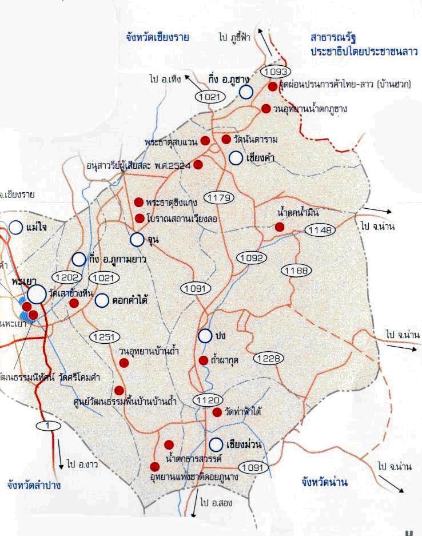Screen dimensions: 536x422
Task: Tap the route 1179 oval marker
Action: (219, 198)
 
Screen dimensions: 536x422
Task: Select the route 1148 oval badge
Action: (319, 231)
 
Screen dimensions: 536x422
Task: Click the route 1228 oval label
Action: (267, 358)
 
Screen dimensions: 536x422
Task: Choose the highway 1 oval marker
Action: (48, 426)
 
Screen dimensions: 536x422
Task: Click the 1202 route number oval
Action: (68, 277)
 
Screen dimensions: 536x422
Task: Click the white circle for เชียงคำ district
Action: (237, 158)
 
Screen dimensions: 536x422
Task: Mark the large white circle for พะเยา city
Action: (37, 294)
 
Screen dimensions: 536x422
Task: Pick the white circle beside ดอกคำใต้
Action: (102, 300)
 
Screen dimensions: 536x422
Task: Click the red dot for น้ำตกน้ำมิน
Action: (279, 227)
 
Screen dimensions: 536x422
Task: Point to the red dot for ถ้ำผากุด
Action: (202, 360)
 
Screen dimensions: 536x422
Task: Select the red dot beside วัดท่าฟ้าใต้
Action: (217, 412)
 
